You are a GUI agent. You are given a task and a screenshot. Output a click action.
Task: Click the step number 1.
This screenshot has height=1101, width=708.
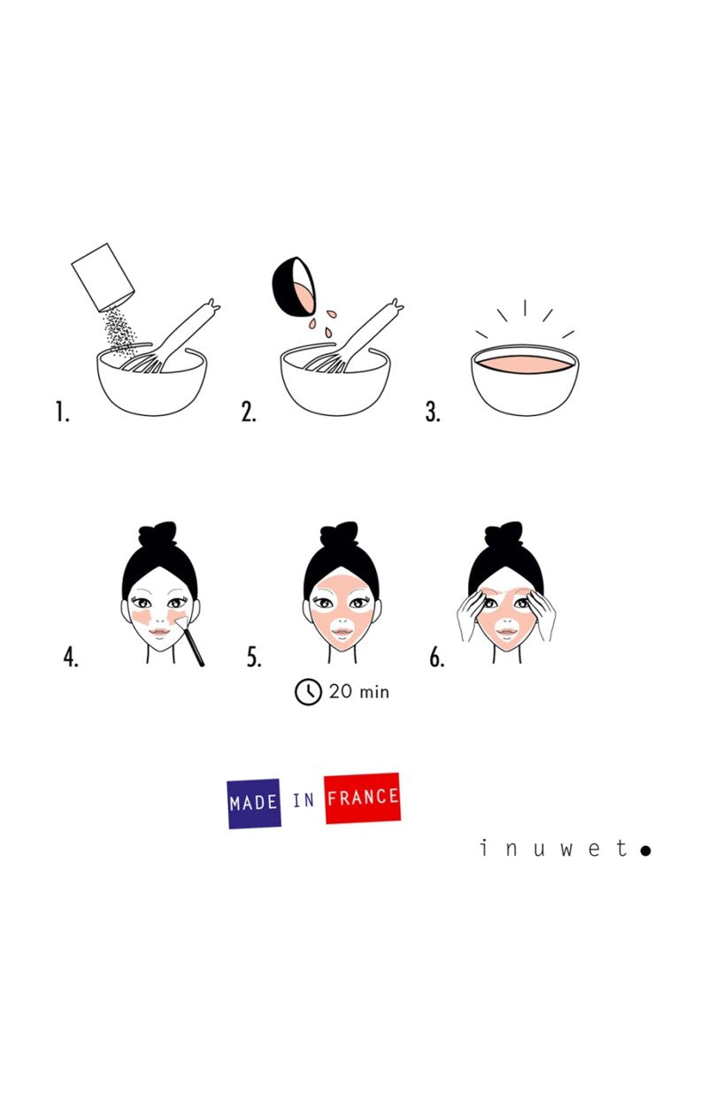point(62,412)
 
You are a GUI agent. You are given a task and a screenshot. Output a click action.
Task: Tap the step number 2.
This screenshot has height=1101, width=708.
point(249,412)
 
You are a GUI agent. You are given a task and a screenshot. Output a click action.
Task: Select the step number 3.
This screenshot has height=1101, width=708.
point(432,412)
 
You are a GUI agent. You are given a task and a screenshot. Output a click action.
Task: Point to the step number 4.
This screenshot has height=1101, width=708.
point(71,658)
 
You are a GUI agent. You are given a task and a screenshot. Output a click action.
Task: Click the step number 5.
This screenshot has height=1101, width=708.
point(254,658)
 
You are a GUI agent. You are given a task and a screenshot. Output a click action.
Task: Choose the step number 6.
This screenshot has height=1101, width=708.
point(436,658)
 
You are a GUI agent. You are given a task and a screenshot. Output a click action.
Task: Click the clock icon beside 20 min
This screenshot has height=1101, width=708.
point(308,691)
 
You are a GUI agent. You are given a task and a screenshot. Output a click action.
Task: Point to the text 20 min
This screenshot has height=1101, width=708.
point(358,691)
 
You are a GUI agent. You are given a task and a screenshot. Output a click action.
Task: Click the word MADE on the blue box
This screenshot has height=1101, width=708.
point(254,804)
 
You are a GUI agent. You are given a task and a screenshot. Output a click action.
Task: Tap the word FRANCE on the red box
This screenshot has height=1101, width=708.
point(362,797)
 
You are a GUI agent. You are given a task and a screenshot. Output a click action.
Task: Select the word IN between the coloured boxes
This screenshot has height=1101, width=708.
point(303,801)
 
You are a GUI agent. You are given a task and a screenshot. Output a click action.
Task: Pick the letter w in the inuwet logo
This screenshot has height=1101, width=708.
point(566,850)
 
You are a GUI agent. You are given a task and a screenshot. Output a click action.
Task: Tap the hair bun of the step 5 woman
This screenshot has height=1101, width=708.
point(340,535)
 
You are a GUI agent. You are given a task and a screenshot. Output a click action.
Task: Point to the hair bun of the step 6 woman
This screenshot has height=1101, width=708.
point(504,535)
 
